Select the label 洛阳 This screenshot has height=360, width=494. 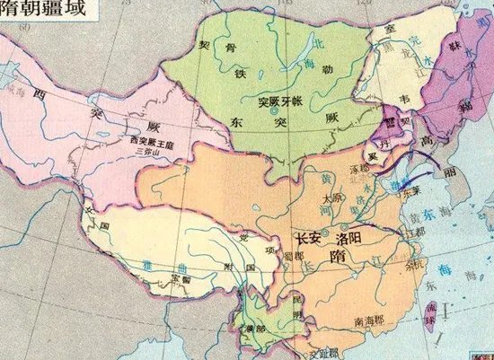[350, 239]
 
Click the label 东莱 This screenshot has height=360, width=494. [412, 190]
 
